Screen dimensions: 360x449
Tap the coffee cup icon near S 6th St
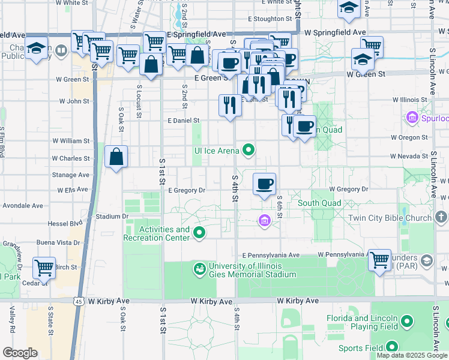click(264, 183)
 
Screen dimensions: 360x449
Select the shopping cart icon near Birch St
click(44, 267)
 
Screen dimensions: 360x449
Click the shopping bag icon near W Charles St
click(116, 157)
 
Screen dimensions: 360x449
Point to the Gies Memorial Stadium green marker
click(199, 269)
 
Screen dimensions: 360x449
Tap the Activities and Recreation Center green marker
click(199, 233)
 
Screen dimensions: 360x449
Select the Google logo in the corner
click(20, 353)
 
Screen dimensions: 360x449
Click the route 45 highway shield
click(79, 302)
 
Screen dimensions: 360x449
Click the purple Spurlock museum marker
click(412, 116)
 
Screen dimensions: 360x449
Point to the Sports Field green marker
click(392, 346)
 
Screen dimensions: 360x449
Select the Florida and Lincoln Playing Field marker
click(408, 322)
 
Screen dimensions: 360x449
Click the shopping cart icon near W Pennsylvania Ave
click(379, 260)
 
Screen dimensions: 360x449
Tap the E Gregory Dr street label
click(187, 190)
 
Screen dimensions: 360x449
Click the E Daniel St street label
click(183, 121)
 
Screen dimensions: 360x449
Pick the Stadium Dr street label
click(112, 216)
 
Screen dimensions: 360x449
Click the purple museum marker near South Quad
click(264, 221)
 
